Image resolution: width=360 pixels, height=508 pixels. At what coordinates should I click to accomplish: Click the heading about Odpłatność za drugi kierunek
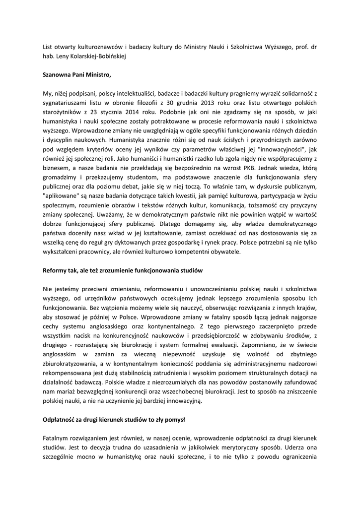(x=114, y=419)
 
